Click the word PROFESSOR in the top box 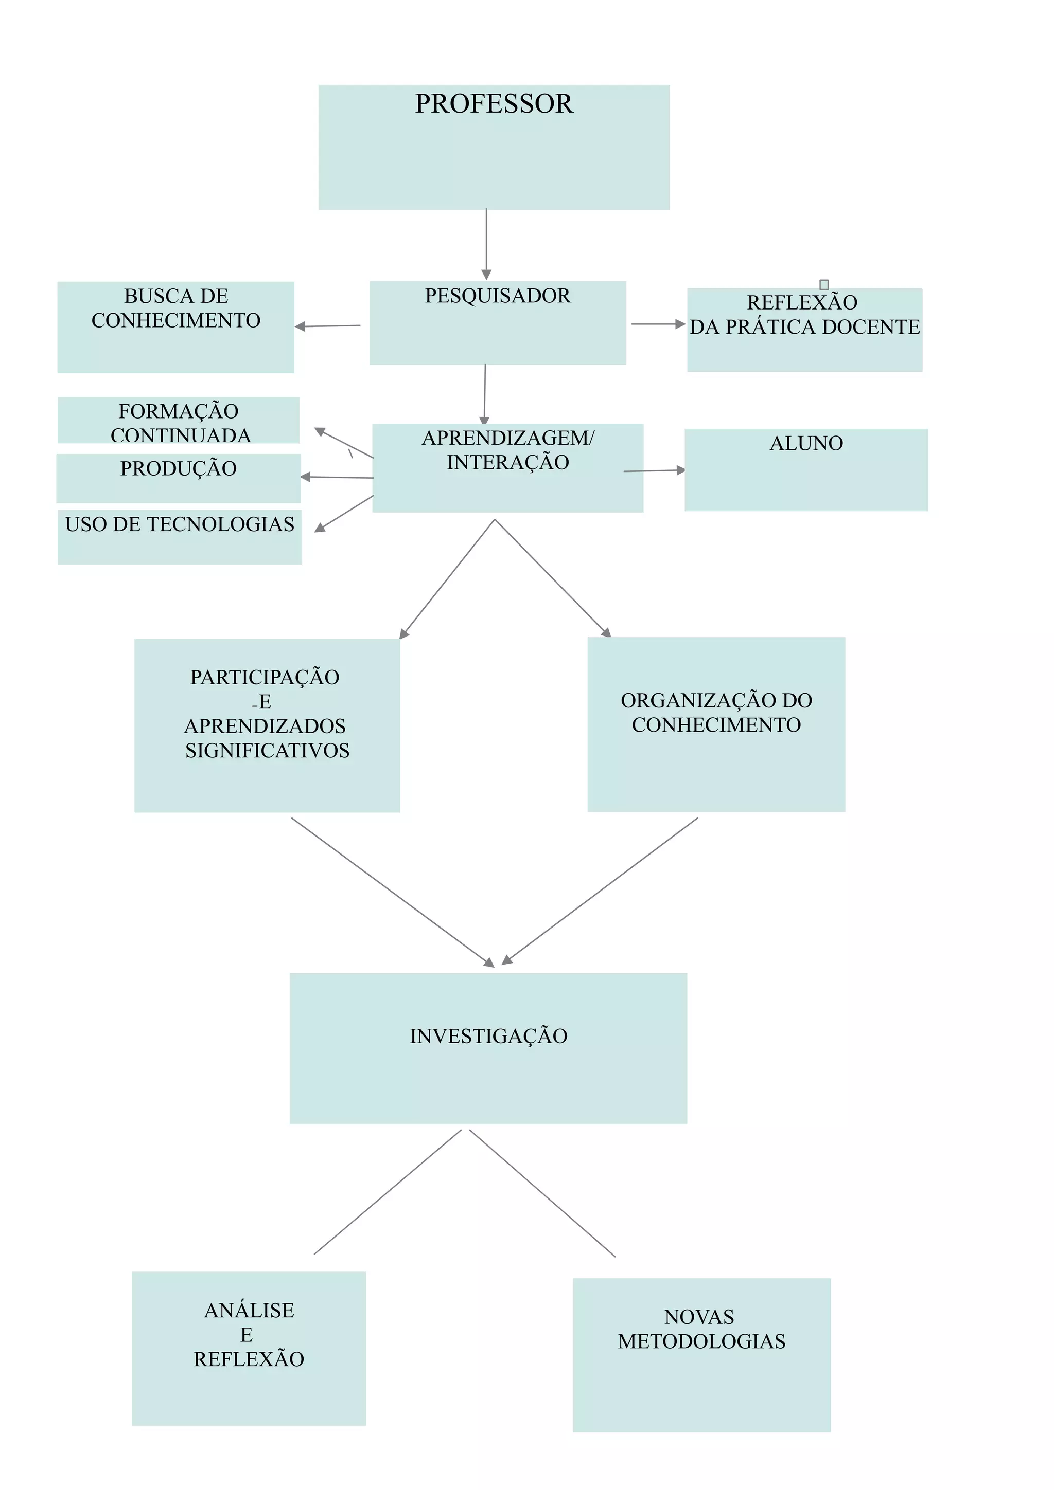click(494, 104)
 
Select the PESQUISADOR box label click(498, 296)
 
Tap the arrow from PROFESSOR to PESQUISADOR click(486, 243)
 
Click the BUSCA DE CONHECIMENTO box click(175, 326)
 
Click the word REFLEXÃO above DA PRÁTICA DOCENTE click(802, 302)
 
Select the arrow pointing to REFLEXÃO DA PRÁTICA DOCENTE click(657, 324)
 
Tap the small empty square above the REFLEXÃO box click(824, 284)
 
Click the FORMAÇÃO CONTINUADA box click(179, 421)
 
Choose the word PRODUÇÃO click(179, 468)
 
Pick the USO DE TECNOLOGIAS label click(180, 524)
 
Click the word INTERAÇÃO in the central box click(508, 463)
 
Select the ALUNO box click(806, 469)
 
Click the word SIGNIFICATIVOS click(267, 751)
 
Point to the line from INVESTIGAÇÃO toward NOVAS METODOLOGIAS click(542, 1193)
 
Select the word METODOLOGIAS click(701, 1341)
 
